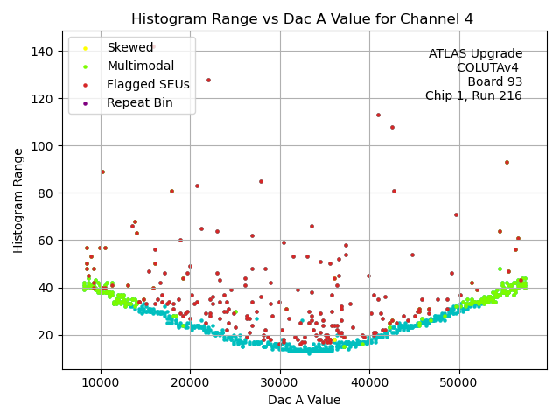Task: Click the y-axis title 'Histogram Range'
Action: coord(18,200)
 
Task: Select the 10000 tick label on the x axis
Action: coord(100,382)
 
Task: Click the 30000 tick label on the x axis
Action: coord(279,382)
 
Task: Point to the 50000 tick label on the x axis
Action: coord(458,382)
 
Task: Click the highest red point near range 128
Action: coord(208,80)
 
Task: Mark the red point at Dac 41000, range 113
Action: coord(378,115)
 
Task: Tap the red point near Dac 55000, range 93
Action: coord(507,162)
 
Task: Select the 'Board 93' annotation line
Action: coord(494,81)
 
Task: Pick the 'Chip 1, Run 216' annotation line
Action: coord(473,95)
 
